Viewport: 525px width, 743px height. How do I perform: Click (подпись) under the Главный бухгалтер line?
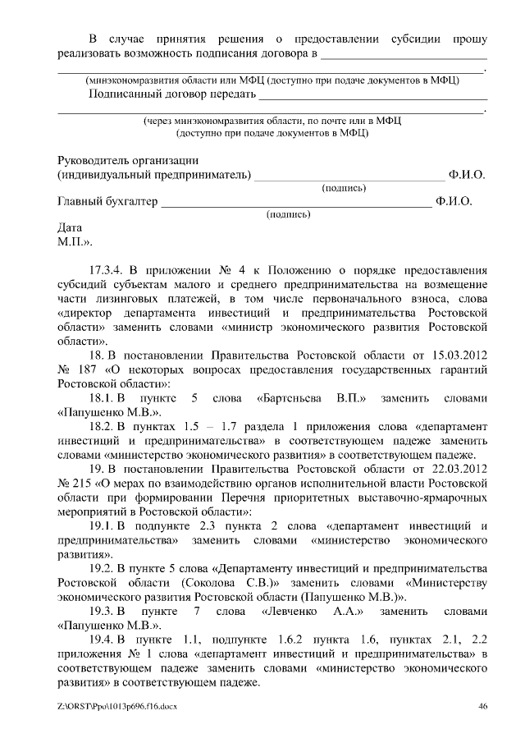tap(288, 215)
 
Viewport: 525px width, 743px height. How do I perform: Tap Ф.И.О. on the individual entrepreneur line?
tap(467, 175)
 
